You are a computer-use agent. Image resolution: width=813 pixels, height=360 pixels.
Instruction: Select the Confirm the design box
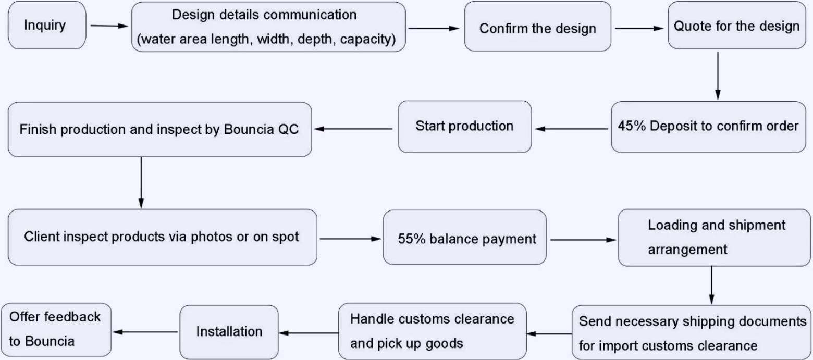(537, 27)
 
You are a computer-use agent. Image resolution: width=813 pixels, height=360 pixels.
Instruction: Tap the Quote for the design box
(736, 26)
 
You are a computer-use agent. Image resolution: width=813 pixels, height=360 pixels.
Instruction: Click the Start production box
(464, 126)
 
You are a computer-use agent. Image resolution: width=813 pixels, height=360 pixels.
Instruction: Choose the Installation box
(229, 331)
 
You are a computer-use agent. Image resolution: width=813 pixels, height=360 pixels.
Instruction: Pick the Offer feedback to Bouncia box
(56, 329)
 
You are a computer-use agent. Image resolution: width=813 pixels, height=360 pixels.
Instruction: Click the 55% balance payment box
(464, 239)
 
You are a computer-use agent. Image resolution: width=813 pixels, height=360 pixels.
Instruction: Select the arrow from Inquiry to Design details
(108, 25)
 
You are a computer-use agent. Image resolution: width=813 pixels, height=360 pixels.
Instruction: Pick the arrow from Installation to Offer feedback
(146, 332)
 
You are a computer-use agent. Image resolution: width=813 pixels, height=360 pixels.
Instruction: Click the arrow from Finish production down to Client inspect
(141, 182)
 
